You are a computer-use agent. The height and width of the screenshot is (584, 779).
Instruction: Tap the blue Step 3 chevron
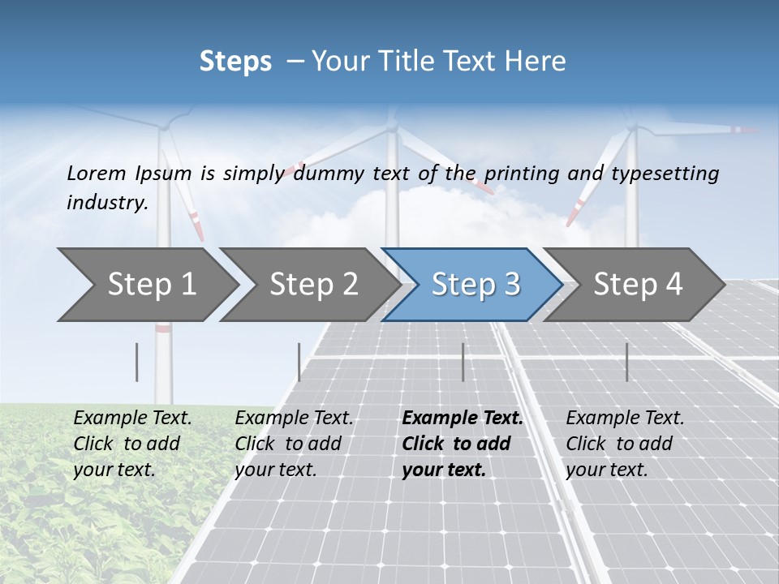point(475,284)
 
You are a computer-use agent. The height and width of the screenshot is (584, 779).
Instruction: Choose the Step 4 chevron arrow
point(637,284)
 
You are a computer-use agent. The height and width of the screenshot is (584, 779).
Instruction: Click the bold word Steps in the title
point(235,61)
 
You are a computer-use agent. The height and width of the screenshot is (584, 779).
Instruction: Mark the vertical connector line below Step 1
point(137,362)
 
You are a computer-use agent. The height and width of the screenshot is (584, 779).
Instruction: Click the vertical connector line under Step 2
point(299,362)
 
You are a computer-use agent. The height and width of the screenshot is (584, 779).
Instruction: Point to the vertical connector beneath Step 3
point(463,362)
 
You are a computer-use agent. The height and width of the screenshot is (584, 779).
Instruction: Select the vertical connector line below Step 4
point(626,362)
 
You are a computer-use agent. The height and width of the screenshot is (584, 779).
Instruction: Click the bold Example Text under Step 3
point(463,418)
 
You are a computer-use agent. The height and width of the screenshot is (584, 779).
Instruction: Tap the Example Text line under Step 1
point(132,418)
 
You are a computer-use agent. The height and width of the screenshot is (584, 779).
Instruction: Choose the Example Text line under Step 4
point(625,418)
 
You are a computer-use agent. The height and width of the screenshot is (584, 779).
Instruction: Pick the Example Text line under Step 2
point(294,418)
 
